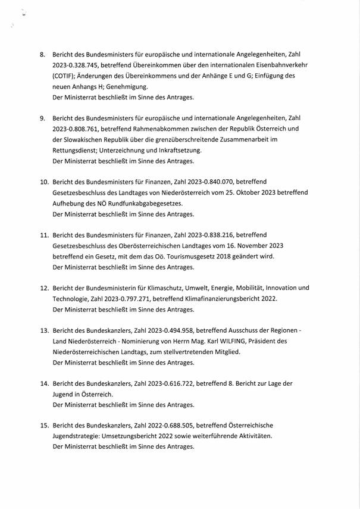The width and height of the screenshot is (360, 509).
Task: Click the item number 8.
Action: coord(43,55)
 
